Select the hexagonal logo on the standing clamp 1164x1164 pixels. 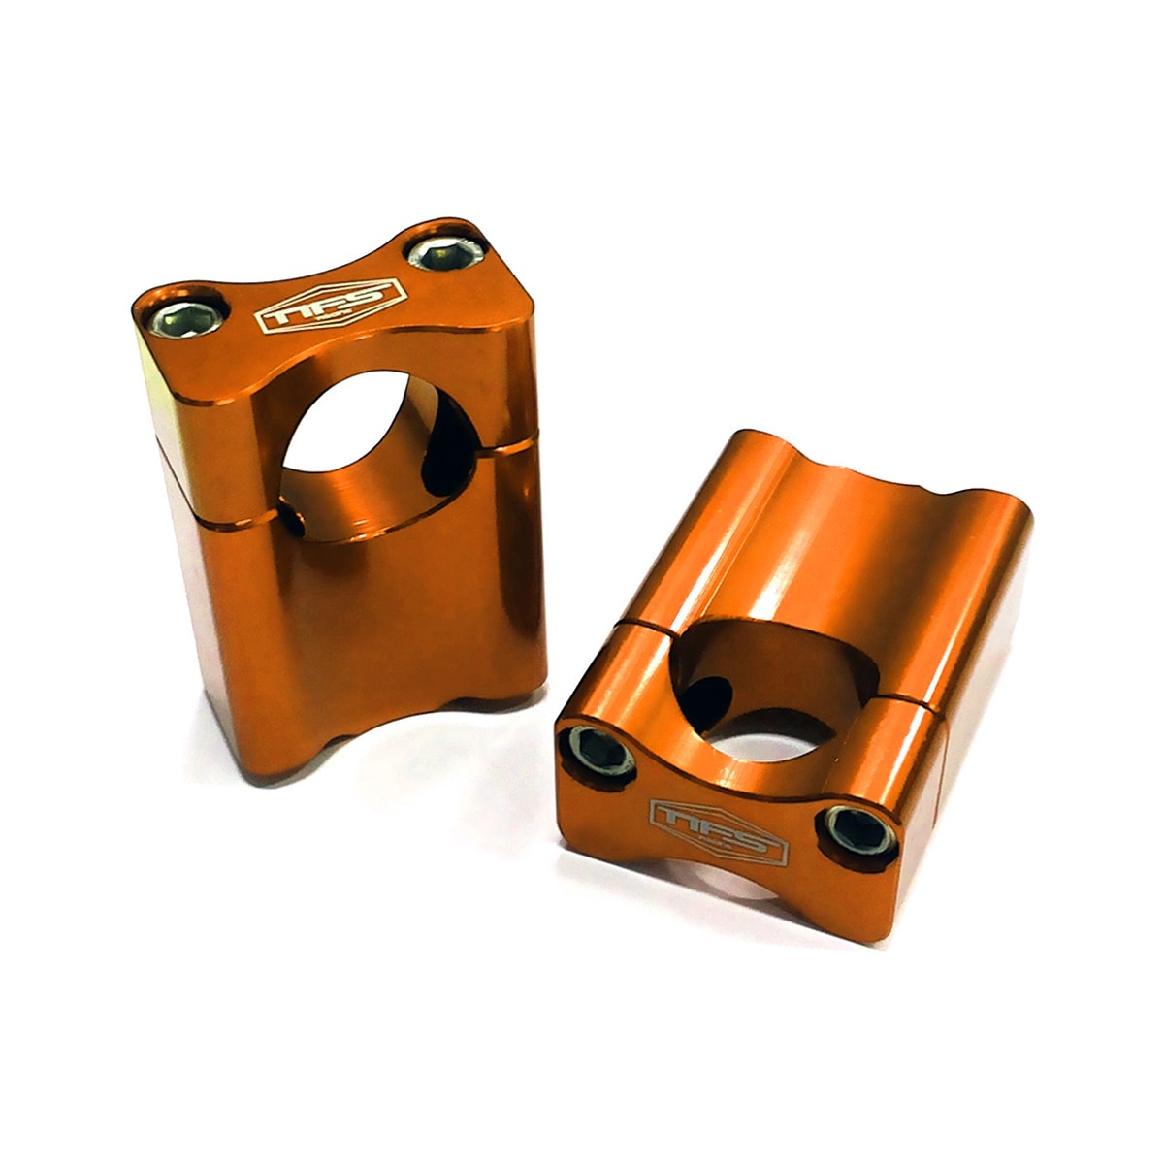pos(328,303)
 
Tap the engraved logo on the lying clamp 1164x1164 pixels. pos(718,830)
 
